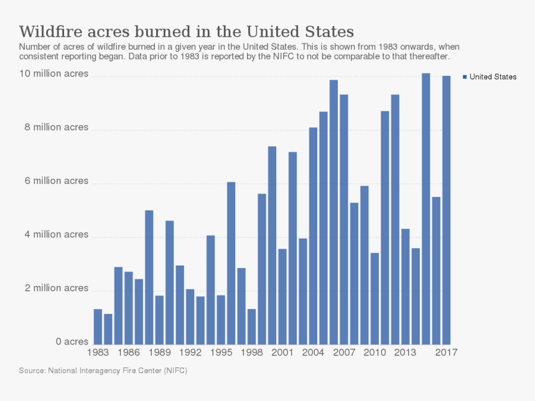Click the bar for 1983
click(x=98, y=326)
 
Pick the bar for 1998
click(x=251, y=326)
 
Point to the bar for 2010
click(x=374, y=298)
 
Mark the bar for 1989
click(x=159, y=320)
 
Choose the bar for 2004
click(x=313, y=236)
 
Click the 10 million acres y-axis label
click(x=53, y=74)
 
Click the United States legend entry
click(x=492, y=77)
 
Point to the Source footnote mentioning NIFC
click(x=103, y=371)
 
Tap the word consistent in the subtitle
click(x=39, y=56)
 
